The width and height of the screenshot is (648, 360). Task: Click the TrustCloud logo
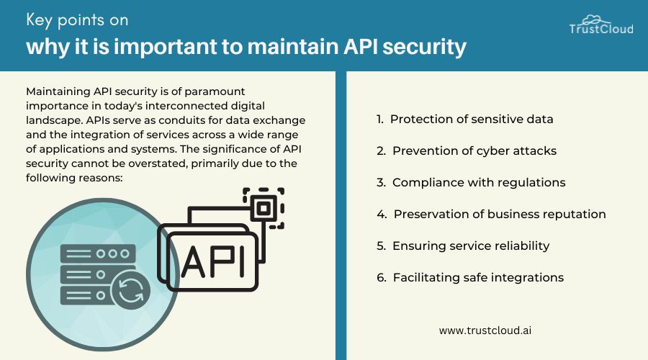601,24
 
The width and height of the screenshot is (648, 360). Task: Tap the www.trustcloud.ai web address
485,330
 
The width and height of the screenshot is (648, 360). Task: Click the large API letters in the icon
213,262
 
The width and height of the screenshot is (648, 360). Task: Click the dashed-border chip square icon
264,208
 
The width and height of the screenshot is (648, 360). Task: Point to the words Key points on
77,20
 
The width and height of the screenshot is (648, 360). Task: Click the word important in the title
166,46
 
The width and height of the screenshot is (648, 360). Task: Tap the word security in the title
424,47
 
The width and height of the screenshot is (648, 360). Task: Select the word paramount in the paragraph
215,91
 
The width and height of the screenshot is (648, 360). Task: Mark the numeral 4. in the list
382,214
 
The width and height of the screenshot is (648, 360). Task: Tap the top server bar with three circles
98,253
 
